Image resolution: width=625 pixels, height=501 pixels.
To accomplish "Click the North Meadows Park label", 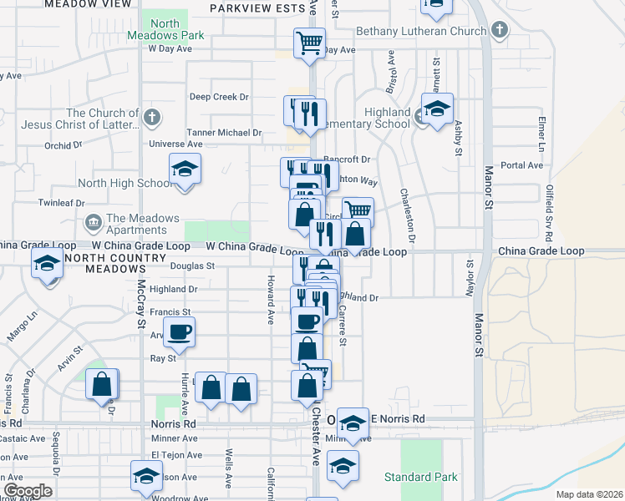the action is [x=166, y=30].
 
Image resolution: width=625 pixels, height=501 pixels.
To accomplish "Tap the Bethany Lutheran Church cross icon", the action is [x=500, y=32].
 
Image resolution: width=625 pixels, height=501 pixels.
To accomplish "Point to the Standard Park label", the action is [x=421, y=477].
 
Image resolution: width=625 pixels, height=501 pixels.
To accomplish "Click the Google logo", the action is [x=28, y=491].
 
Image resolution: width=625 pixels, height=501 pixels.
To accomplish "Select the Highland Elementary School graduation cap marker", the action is [x=436, y=109].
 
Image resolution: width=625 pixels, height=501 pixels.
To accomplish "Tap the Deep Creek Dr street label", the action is [x=219, y=97].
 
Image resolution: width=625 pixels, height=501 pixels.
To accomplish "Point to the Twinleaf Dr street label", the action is [x=62, y=203].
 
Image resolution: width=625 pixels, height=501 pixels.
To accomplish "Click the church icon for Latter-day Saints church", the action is [x=152, y=117].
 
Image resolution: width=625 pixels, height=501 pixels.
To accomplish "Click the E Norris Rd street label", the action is [x=398, y=418].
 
